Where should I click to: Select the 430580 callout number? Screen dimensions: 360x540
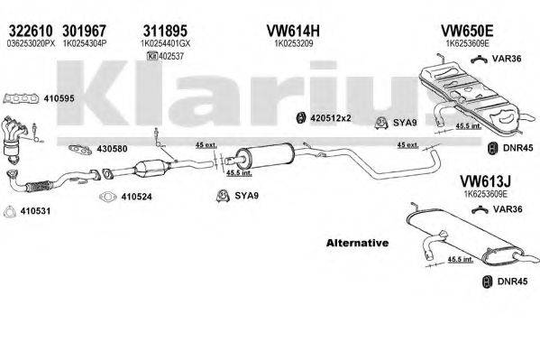point(111,149)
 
